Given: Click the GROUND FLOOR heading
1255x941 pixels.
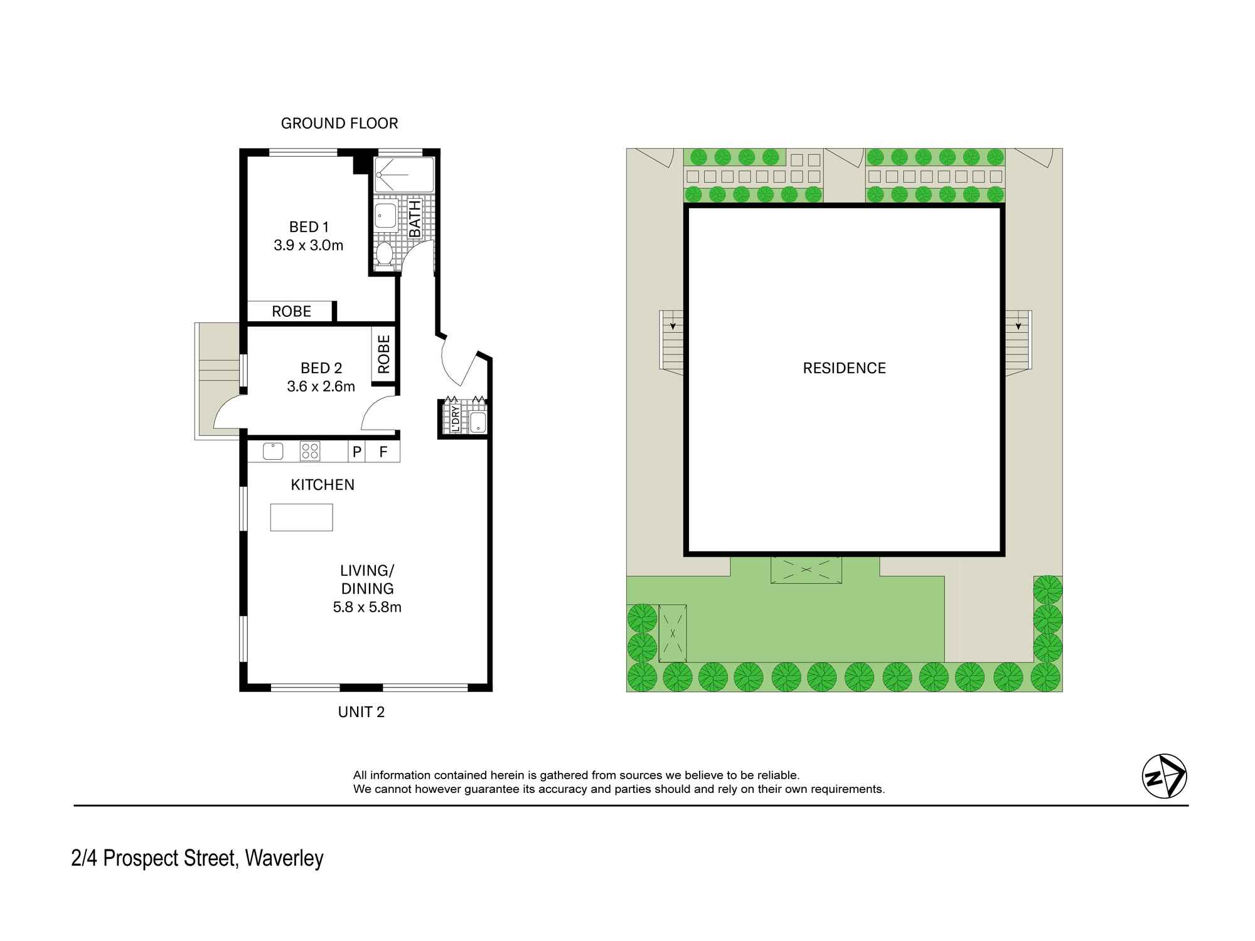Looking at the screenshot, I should coord(339,123).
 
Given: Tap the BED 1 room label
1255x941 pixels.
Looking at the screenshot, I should coord(309,226).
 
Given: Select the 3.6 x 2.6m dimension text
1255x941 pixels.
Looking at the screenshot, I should coord(321,386).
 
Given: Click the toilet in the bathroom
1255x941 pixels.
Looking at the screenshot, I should coord(384,255).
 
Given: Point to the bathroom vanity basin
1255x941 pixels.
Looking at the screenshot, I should coord(385,215).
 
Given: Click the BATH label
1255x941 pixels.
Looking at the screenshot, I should coord(415,219).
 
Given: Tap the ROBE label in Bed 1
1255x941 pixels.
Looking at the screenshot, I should coord(291,311).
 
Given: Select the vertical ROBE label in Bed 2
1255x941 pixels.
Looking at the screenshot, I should coord(383,354).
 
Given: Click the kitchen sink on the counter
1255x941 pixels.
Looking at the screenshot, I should coord(273,450).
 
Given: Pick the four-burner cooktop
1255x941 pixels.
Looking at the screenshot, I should coord(310,451).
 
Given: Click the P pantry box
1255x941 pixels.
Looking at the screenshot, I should coord(356,451).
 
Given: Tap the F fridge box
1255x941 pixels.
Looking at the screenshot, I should coord(383,451).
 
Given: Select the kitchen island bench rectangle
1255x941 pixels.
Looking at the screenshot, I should coord(301,518).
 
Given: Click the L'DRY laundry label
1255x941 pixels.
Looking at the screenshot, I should coord(455,419).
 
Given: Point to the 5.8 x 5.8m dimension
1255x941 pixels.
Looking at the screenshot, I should coord(367,607).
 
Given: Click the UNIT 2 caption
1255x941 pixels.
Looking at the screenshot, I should coord(361,711).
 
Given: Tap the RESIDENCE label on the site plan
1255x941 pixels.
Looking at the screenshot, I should coord(844,368).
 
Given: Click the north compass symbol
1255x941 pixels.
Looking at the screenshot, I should coord(1164,776).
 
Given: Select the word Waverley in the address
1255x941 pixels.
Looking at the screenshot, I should coord(284,858).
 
